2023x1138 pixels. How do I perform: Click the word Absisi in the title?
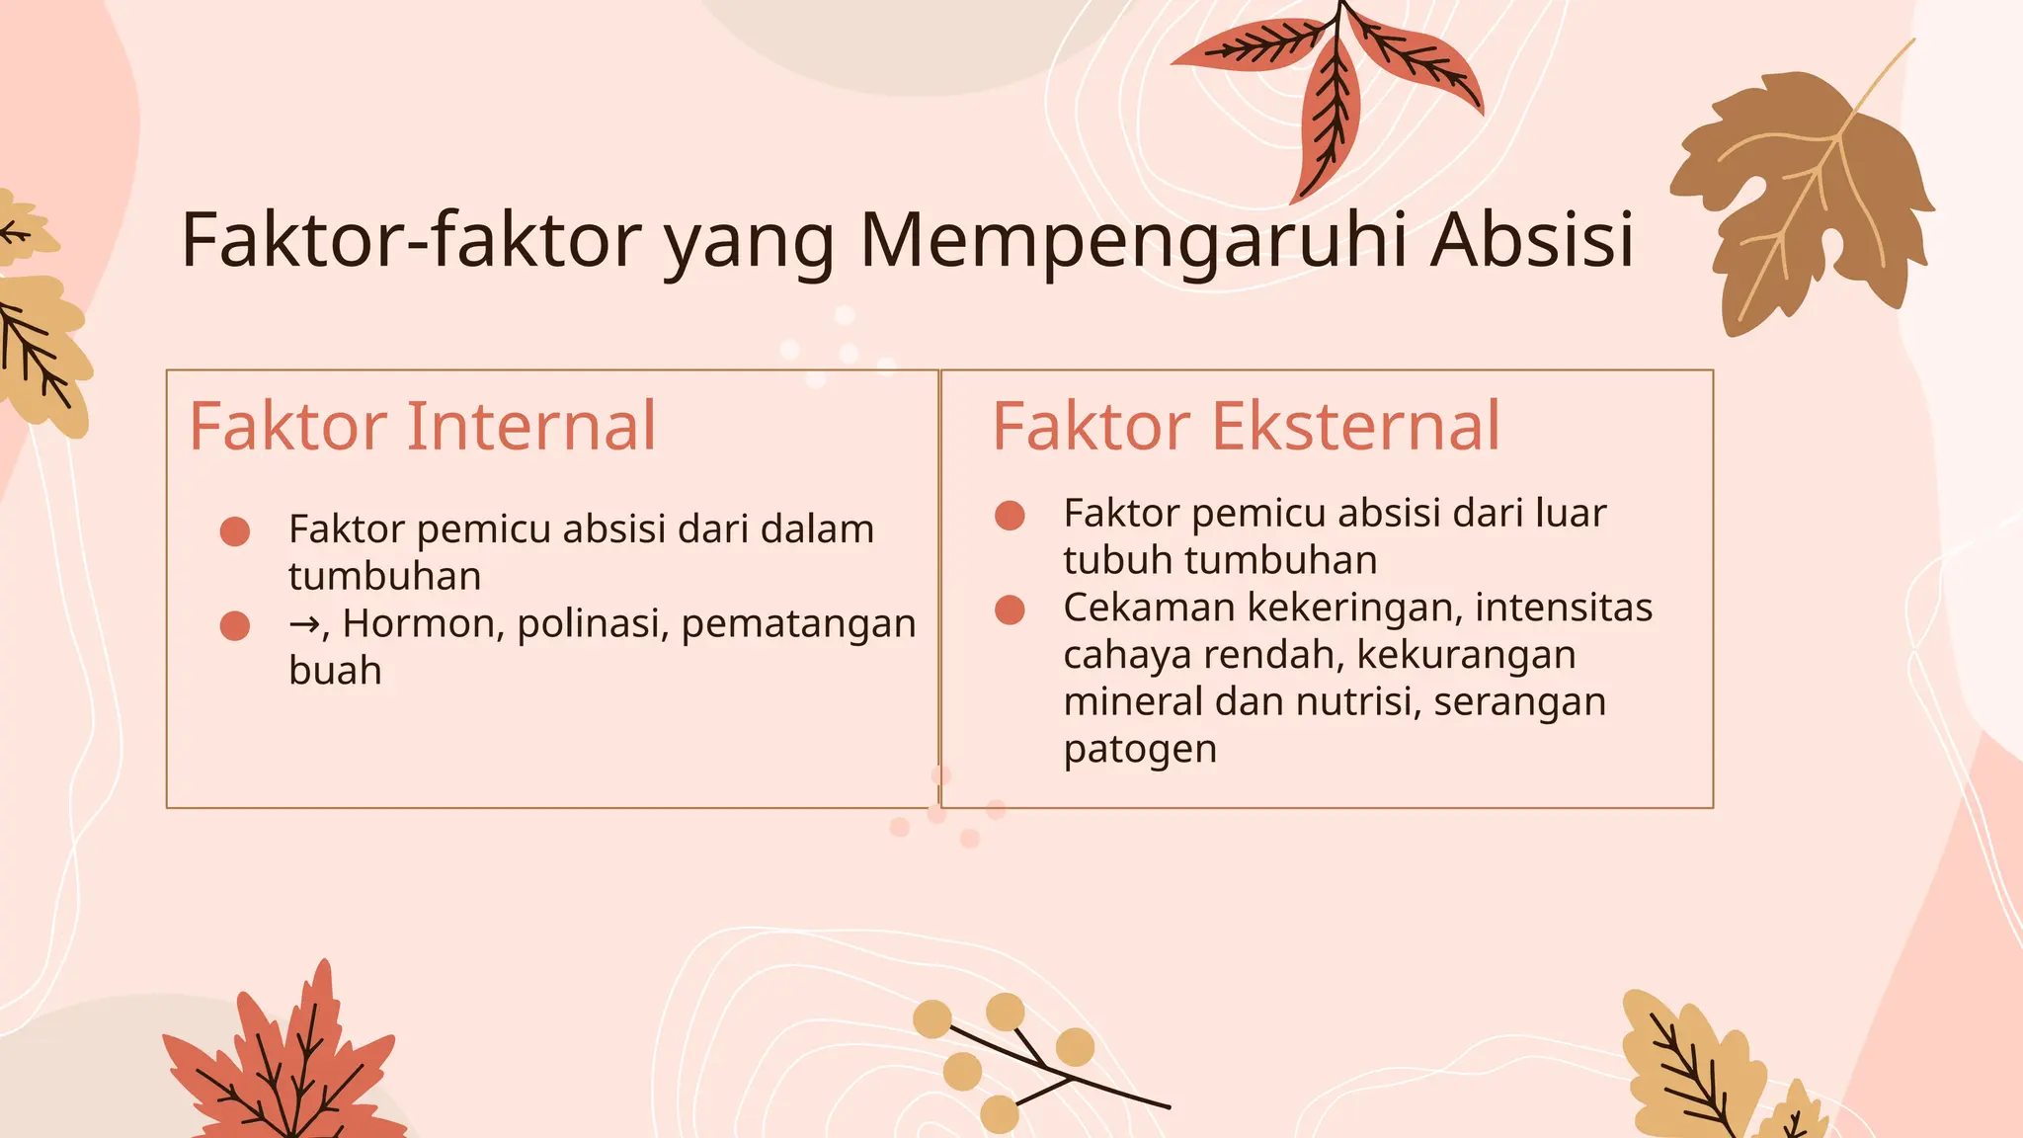tap(1532, 240)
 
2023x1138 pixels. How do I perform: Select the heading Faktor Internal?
tap(423, 427)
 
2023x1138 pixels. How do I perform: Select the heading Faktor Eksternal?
tap(1246, 427)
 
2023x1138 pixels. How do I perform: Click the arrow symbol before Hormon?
tap(304, 624)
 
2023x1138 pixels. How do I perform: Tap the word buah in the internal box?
tap(335, 671)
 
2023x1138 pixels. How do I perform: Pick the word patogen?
tap(1140, 750)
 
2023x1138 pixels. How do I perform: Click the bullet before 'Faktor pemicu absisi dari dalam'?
tap(235, 531)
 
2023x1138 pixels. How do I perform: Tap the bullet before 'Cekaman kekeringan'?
tap(1010, 610)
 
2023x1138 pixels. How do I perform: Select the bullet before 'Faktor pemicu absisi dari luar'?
tap(1010, 516)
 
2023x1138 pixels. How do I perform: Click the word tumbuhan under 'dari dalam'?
tap(385, 577)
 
